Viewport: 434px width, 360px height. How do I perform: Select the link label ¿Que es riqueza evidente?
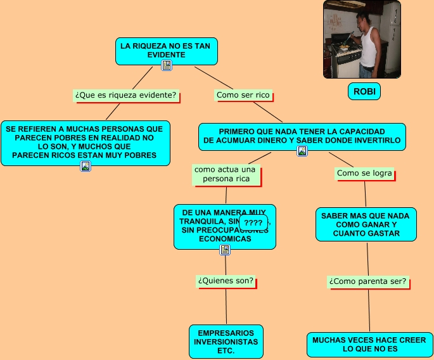coord(125,95)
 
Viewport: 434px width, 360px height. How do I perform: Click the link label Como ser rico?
coord(243,95)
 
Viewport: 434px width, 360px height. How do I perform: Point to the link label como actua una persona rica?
coord(225,174)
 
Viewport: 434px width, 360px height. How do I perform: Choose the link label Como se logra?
coord(364,173)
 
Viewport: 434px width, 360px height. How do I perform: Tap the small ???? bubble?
coord(253,223)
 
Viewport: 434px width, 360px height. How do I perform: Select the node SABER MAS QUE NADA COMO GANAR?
coord(366,224)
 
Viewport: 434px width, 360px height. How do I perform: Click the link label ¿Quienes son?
coord(226,280)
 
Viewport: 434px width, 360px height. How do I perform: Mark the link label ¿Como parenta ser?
coord(367,281)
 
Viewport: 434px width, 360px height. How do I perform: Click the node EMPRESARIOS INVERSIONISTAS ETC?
coord(226,341)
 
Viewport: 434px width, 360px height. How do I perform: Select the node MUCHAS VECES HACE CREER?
coord(369,344)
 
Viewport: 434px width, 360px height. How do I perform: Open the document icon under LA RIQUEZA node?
coord(167,65)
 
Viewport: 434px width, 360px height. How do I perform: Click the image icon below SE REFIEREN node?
coord(86,166)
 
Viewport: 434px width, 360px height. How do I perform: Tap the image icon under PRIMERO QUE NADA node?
coord(302,151)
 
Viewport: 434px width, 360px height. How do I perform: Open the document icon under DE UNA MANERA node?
coord(225,250)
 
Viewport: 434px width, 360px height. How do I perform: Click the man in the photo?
coord(367,44)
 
